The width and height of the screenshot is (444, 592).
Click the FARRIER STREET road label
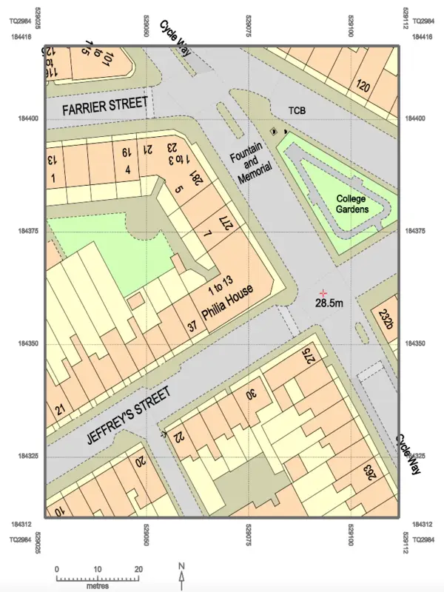tap(105, 106)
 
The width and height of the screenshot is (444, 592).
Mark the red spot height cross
tap(323, 294)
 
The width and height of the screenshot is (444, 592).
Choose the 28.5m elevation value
tap(330, 303)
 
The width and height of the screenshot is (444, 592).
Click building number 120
tap(363, 85)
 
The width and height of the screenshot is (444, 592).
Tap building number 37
tap(192, 326)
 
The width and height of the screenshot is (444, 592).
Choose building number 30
tap(251, 394)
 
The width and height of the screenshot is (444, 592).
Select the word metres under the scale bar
tap(97, 585)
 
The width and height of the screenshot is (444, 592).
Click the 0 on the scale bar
tap(57, 568)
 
